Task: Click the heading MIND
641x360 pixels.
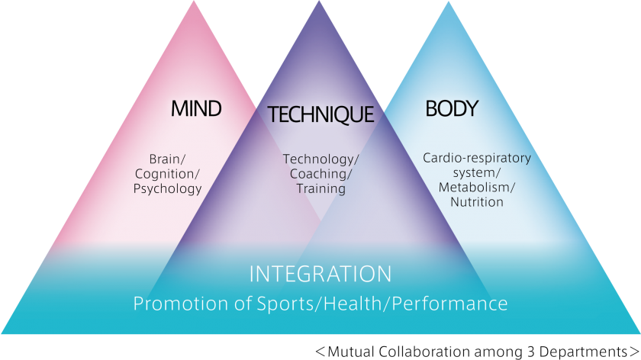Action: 196,109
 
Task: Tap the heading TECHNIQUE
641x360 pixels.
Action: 320,114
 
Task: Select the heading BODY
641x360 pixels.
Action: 451,109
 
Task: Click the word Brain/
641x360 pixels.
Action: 168,159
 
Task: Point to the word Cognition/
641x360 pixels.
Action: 168,174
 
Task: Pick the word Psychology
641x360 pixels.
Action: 168,188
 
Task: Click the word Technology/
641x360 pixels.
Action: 320,159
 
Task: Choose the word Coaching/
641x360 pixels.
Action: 320,174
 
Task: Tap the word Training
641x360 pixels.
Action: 320,188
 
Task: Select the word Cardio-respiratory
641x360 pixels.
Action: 477,159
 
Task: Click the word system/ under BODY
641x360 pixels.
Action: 477,173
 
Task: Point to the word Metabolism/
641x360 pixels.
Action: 477,188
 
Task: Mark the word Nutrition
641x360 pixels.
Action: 477,202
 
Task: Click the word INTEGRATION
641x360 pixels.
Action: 320,274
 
